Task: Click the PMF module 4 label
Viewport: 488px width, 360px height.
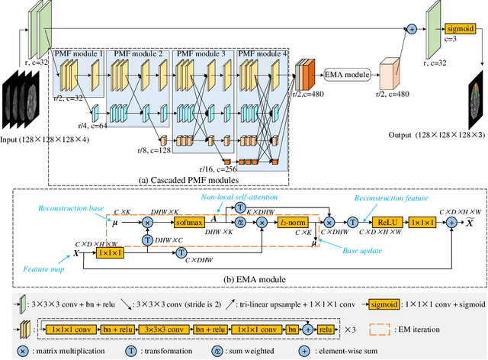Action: coord(262,53)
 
